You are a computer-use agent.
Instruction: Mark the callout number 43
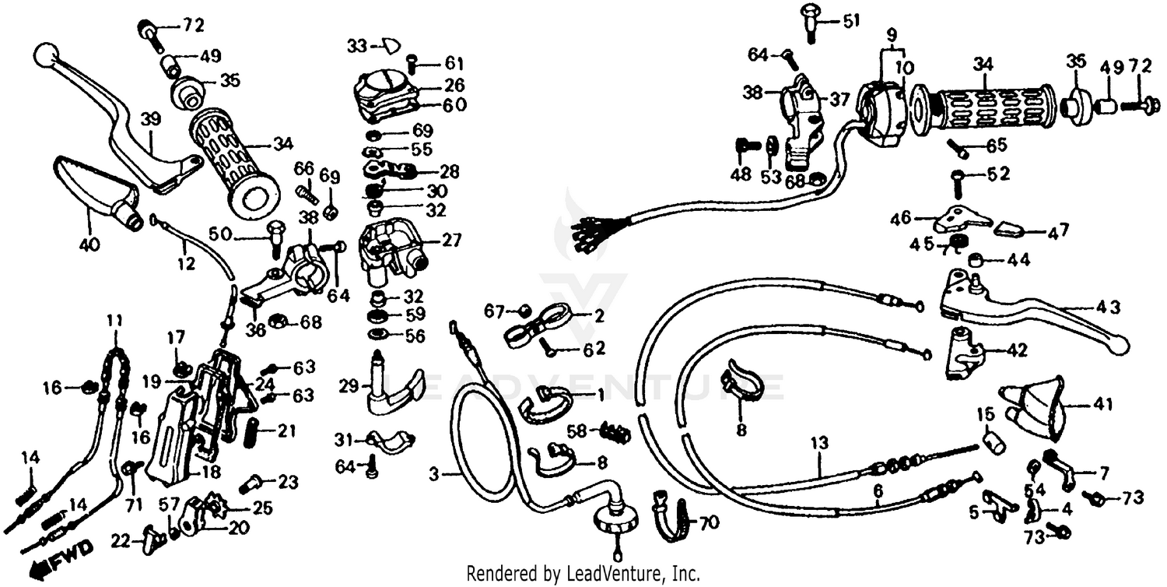1109,308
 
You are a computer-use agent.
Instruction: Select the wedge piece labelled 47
1009,228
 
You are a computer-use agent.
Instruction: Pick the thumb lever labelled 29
392,386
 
